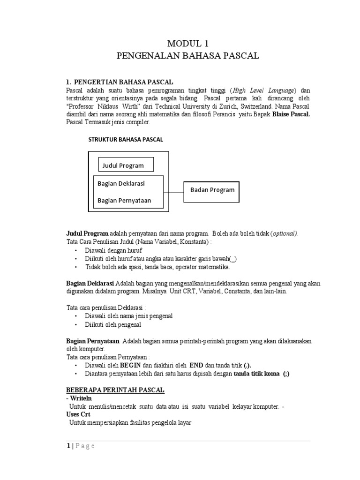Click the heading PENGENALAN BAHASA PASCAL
(x=187, y=56)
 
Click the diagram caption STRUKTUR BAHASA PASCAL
(x=126, y=139)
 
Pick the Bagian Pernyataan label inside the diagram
(x=124, y=201)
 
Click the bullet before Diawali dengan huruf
(x=75, y=251)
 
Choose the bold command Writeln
(x=81, y=398)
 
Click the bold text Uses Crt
(x=78, y=414)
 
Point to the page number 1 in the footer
(x=67, y=446)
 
